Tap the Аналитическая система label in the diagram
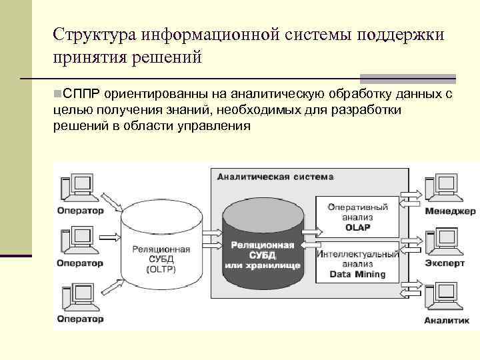275,177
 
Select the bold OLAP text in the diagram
358,227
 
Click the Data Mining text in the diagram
358,274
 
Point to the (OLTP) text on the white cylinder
161,269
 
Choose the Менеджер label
449,211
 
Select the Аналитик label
442,320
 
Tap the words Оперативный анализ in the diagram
358,211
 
